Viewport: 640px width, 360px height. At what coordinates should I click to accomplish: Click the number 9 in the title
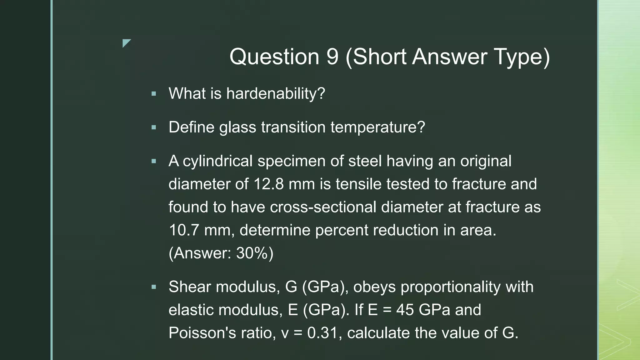point(332,57)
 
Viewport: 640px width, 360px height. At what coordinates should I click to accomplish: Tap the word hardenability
point(276,93)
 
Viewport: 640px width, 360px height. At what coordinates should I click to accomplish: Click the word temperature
point(377,127)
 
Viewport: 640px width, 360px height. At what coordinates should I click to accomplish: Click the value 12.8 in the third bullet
point(268,184)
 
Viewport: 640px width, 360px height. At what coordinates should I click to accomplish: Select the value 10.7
point(184,230)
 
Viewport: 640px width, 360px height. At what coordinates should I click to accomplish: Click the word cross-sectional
point(323,207)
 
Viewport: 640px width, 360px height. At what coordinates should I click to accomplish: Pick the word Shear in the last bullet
point(190,287)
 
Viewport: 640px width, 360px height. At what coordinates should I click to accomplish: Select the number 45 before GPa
point(405,310)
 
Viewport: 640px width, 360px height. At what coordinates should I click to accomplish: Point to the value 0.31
point(322,333)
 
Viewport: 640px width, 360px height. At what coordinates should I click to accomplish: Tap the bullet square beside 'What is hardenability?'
point(154,94)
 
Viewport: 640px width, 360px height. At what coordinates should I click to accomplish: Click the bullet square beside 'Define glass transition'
point(154,127)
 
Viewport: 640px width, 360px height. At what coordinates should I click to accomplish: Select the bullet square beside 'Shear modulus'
point(154,287)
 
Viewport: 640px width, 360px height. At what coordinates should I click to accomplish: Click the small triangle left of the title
point(126,43)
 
